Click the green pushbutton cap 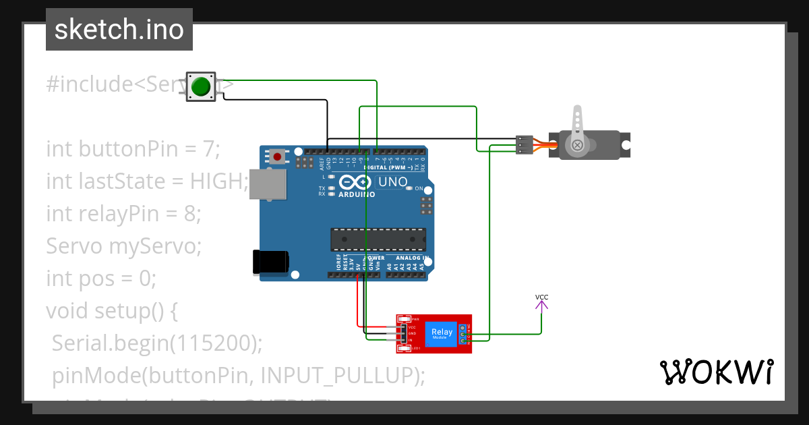coord(201,87)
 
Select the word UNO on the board coord(392,182)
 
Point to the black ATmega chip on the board coord(378,239)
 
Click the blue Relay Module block coord(442,333)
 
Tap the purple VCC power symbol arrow coord(541,305)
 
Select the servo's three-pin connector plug coord(525,145)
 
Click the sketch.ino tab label coord(119,30)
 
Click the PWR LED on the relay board coord(404,319)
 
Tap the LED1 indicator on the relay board coord(404,348)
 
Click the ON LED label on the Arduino coord(418,188)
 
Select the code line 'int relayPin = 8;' coord(123,214)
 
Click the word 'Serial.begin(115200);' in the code coord(157,343)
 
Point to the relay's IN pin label coord(411,340)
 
